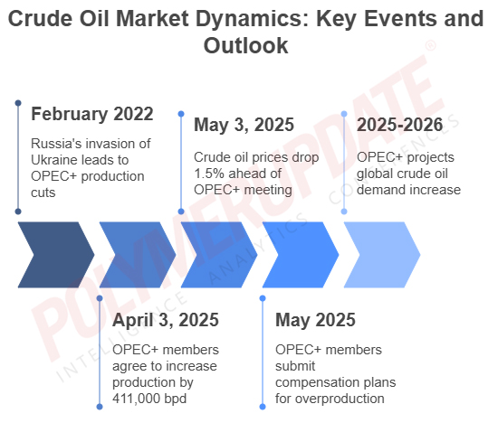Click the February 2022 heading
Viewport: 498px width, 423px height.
point(92,114)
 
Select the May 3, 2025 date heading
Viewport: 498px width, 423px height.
point(244,125)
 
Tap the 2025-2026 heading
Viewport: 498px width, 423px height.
point(399,125)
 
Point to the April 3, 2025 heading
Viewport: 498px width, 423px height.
point(166,320)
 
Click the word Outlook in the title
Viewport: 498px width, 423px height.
point(245,46)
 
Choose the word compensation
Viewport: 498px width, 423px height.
point(318,382)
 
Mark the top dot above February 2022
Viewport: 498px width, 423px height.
point(18,103)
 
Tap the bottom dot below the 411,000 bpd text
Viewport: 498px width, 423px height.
point(100,407)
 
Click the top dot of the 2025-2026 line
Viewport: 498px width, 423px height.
point(344,114)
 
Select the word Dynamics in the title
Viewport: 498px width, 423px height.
point(253,19)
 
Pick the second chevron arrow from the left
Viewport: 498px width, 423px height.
point(138,255)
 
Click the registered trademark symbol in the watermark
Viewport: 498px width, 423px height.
point(430,45)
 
